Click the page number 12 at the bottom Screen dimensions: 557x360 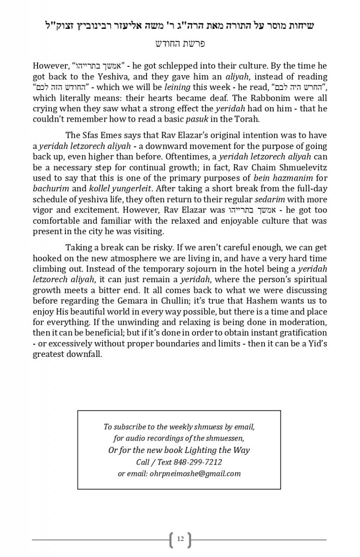click(x=180, y=539)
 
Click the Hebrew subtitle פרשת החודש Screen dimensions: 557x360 click(x=180, y=44)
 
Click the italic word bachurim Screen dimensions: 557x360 click(x=48, y=188)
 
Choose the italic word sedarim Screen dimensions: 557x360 click(x=268, y=199)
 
